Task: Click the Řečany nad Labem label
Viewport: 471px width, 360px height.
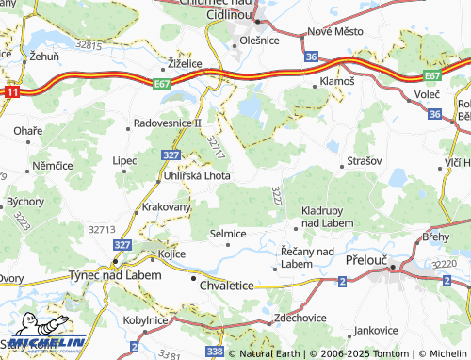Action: pos(308,257)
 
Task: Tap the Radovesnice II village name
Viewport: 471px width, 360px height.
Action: pos(168,123)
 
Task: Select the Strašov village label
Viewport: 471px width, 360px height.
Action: pos(365,161)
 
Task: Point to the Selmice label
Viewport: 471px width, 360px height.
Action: pos(227,233)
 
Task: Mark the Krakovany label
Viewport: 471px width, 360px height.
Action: pos(167,206)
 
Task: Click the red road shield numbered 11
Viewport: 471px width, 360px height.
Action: pos(11,94)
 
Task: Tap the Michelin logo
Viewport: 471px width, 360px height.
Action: pos(42,342)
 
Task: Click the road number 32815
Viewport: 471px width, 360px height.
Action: pos(88,44)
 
